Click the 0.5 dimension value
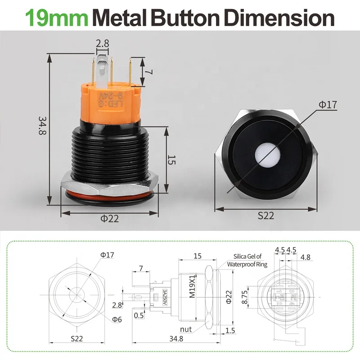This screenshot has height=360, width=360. (139, 315)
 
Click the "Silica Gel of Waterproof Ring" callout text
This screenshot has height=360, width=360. (247, 261)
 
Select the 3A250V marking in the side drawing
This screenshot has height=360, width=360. (165, 297)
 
